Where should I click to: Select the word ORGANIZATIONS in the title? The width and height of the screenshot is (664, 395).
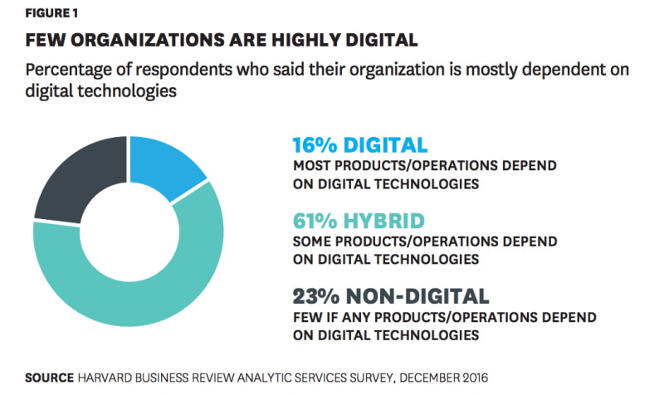pyautogui.click(x=148, y=40)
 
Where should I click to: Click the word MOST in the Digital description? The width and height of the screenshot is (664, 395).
pyautogui.click(x=313, y=166)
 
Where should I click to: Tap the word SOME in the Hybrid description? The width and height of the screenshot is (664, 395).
pyautogui.click(x=313, y=241)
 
